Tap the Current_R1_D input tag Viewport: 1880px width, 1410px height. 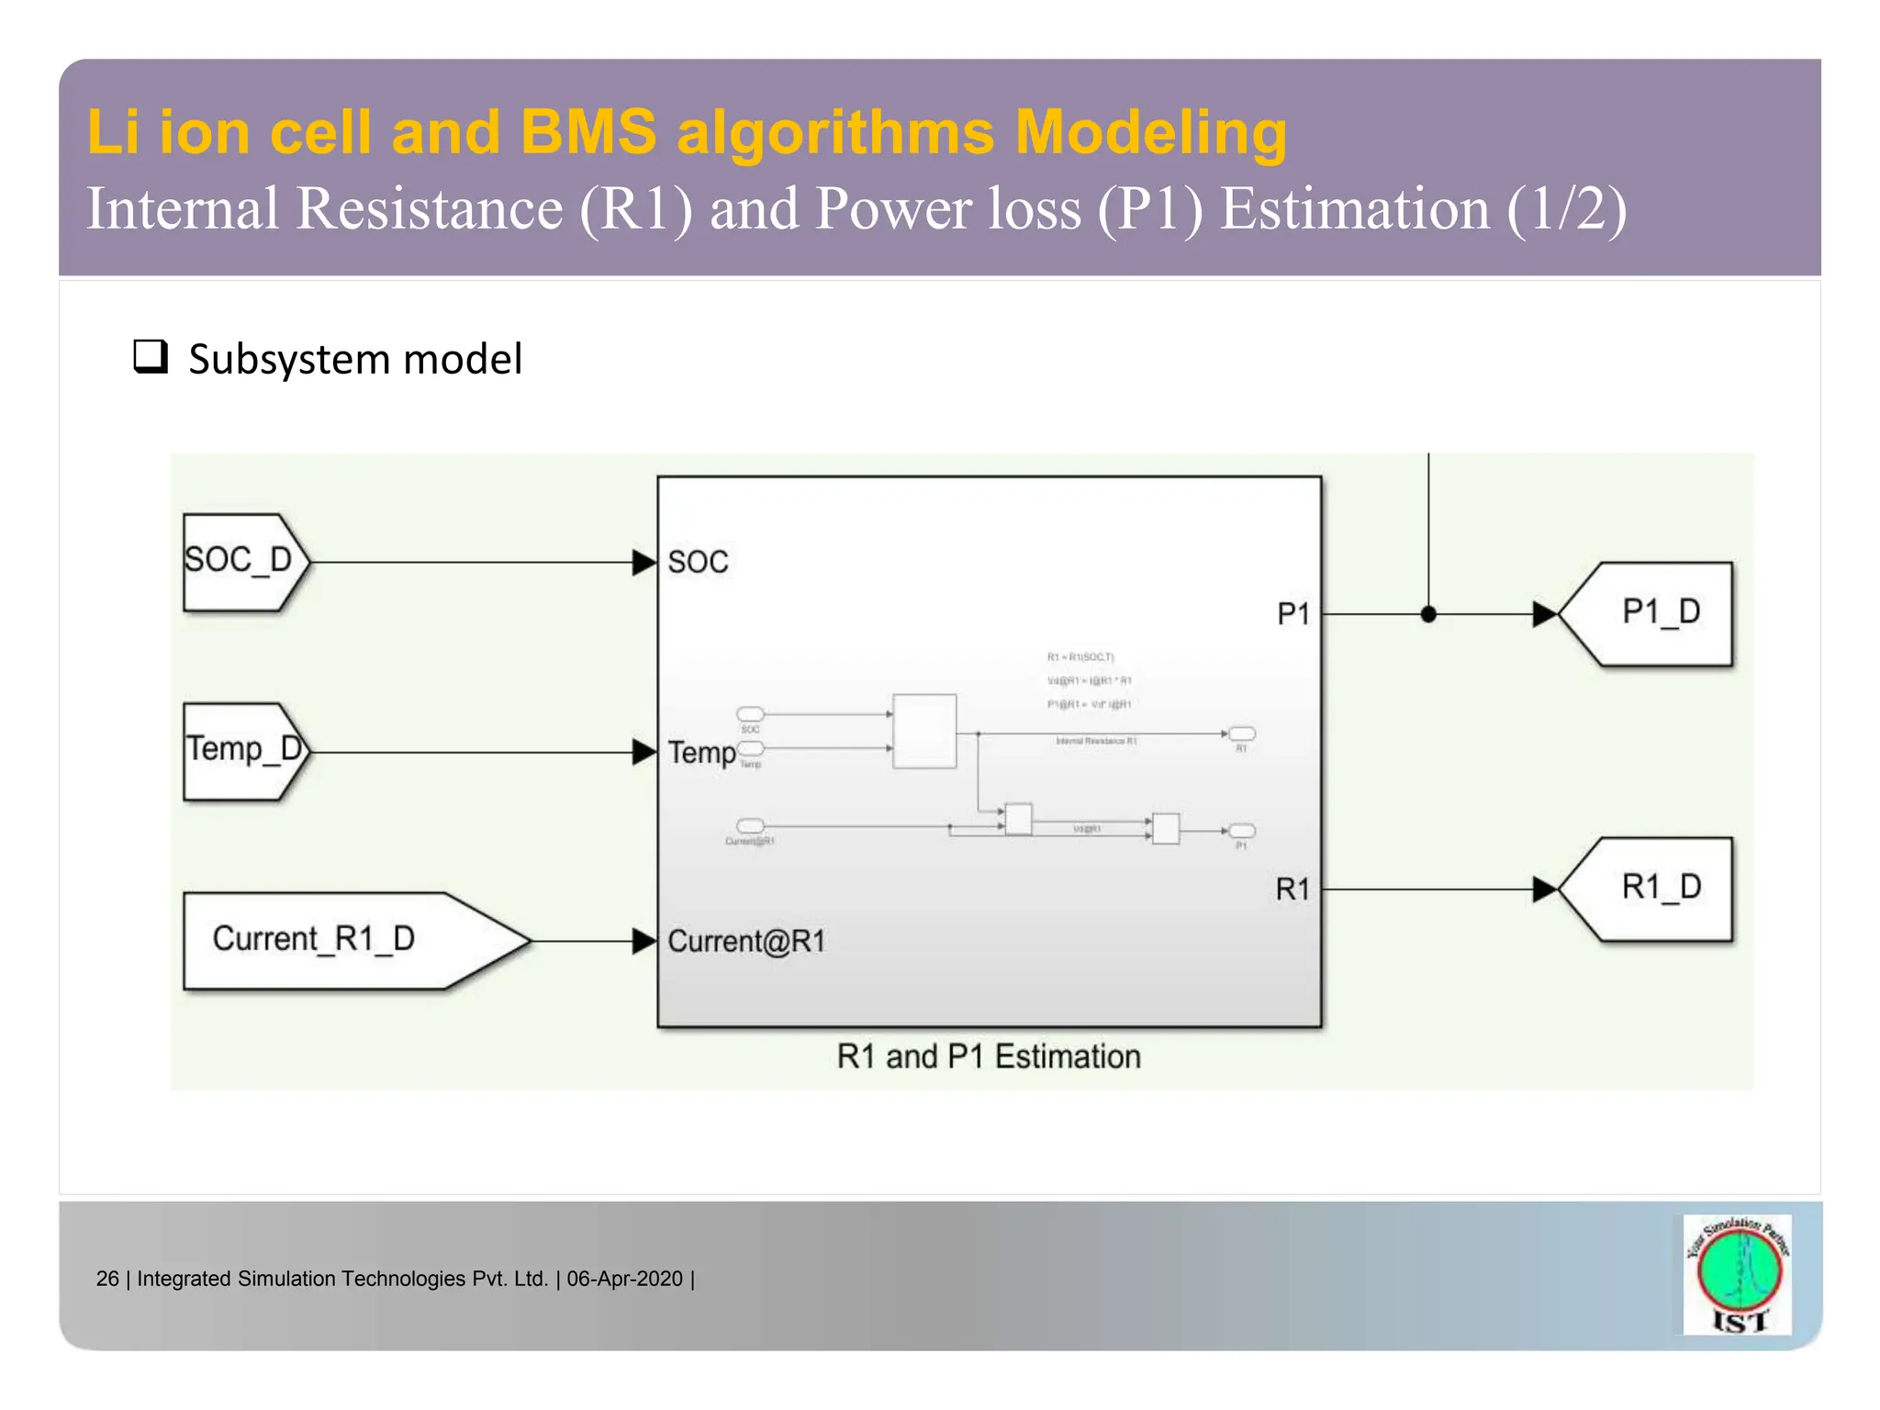[x=330, y=940]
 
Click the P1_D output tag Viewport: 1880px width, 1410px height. [x=1652, y=613]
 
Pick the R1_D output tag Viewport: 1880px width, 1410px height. [x=1652, y=888]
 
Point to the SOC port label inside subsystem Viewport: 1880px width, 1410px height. [x=698, y=562]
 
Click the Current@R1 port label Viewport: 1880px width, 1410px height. [x=746, y=941]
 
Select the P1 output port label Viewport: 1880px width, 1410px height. [x=1292, y=614]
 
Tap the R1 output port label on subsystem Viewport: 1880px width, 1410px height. [x=1292, y=889]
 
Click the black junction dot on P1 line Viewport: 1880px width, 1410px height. [x=1428, y=614]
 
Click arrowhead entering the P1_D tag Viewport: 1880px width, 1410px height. [x=1545, y=614]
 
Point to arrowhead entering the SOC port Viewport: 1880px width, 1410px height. [x=644, y=562]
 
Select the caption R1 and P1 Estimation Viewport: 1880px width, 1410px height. [x=989, y=1057]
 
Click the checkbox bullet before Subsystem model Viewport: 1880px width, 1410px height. [x=151, y=356]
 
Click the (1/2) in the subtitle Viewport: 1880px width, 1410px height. [x=1566, y=209]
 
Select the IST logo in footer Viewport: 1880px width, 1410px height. [x=1738, y=1274]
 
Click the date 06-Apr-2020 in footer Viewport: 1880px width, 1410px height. [x=624, y=1279]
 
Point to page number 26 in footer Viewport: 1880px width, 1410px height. [x=107, y=1279]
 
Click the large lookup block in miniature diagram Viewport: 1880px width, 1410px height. [x=924, y=731]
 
